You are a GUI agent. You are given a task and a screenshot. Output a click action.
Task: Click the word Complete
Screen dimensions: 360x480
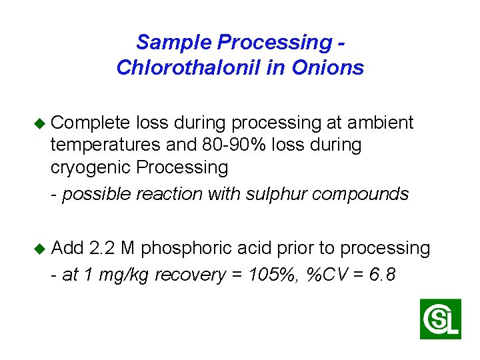(x=90, y=123)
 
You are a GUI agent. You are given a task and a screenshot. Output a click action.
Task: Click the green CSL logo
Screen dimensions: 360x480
(x=440, y=319)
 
